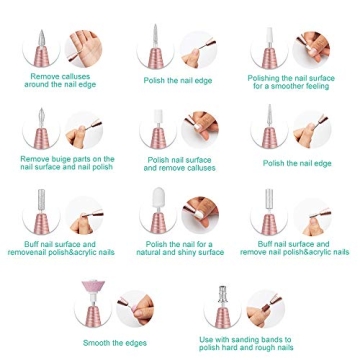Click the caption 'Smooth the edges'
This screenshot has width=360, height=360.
[x=109, y=342]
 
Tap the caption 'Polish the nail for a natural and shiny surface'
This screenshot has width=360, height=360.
[x=179, y=247]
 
